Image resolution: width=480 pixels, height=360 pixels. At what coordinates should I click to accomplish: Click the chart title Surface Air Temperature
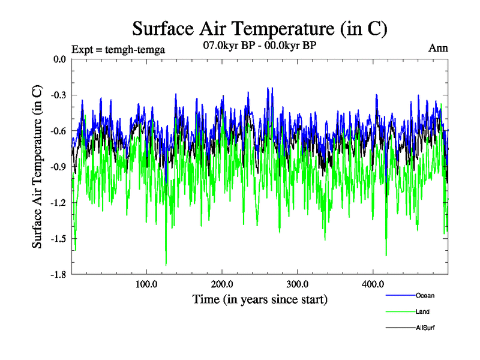[x=260, y=29]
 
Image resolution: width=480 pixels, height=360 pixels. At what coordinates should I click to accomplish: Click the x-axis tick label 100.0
[x=146, y=284]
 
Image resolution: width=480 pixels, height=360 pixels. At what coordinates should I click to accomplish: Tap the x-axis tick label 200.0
[x=222, y=284]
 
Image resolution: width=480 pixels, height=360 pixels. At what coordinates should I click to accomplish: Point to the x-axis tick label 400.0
[x=373, y=284]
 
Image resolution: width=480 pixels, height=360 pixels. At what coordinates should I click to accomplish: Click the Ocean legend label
[x=425, y=295]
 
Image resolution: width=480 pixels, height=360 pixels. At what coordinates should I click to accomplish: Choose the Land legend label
[x=422, y=311]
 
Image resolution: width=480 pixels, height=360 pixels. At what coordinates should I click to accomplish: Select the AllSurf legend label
[x=425, y=328]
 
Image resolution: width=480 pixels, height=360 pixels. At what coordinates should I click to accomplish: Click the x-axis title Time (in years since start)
[x=260, y=299]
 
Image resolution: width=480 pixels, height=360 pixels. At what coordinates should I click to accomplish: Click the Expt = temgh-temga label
[x=118, y=49]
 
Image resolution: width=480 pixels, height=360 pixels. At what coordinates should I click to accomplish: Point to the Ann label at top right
[x=438, y=48]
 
